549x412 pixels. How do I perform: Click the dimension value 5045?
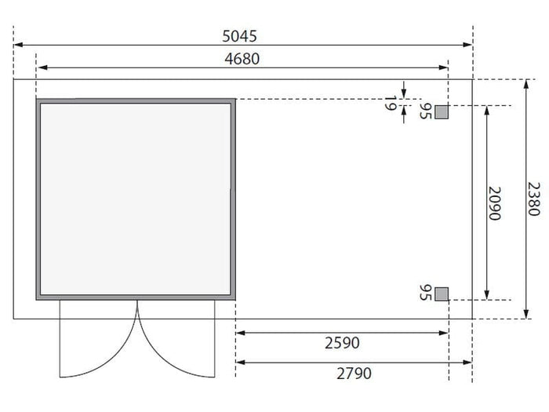239,36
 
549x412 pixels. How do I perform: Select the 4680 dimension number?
242,59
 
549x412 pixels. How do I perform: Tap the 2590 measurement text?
342,343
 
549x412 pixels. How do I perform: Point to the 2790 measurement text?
354,374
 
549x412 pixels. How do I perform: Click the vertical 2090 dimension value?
495,203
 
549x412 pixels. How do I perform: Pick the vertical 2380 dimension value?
533,199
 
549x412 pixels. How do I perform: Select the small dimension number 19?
391,104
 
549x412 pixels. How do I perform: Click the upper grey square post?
442,112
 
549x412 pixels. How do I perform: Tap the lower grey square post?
442,294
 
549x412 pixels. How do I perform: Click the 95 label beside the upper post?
425,111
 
